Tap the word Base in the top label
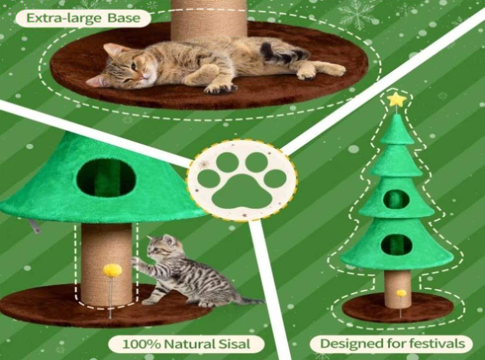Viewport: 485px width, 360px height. coord(124,18)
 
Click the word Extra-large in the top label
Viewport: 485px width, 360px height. coord(64,18)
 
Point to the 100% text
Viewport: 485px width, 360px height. coord(142,344)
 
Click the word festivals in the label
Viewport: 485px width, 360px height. coord(437,343)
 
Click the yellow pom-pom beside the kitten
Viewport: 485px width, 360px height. coord(112,270)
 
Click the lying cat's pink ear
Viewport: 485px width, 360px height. coord(113,50)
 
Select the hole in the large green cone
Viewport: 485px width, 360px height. coord(106,178)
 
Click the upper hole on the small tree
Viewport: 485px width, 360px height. coord(396,199)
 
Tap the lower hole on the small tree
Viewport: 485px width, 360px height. coord(396,244)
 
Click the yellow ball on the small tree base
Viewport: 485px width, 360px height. coord(401,293)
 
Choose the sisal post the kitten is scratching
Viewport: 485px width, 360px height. coord(106,264)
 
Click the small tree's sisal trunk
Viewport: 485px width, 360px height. coord(397,289)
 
